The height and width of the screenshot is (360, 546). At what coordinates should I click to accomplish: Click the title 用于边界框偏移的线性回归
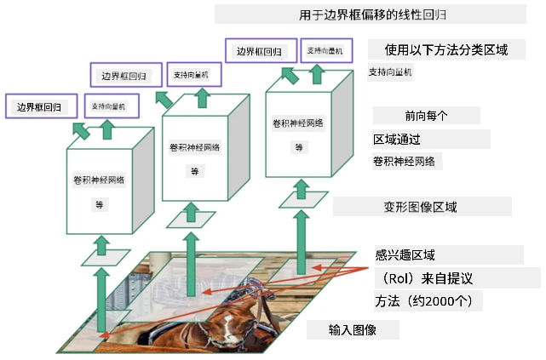click(372, 15)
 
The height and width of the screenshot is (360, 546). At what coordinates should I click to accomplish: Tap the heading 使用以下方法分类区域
click(446, 49)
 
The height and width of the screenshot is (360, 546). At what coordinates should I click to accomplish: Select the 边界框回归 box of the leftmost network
click(41, 106)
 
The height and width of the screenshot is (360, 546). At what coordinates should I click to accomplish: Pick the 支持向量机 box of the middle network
click(194, 74)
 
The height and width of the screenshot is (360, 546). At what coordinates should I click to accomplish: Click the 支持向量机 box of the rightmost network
click(326, 51)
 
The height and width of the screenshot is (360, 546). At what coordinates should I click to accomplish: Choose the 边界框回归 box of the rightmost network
click(261, 51)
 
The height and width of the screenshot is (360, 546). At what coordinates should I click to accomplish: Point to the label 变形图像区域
click(420, 208)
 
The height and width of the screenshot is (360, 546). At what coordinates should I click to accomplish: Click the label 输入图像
click(352, 329)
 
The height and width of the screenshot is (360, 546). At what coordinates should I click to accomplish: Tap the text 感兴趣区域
click(405, 255)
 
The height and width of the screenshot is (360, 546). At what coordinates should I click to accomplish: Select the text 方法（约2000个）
click(424, 301)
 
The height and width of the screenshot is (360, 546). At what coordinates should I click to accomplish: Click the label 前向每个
click(426, 116)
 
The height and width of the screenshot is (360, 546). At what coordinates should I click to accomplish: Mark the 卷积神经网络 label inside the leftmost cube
click(99, 180)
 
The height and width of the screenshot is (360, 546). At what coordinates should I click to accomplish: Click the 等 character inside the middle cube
click(194, 171)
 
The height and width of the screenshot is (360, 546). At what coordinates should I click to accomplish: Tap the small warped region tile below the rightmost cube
click(303, 200)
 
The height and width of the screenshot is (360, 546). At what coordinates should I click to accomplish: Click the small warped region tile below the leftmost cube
click(106, 258)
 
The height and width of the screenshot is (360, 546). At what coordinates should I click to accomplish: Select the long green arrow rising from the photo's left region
click(101, 300)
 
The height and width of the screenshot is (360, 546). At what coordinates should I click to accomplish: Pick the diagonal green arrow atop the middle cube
click(164, 100)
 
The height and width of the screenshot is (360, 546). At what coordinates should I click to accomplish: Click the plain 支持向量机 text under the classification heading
click(390, 72)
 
